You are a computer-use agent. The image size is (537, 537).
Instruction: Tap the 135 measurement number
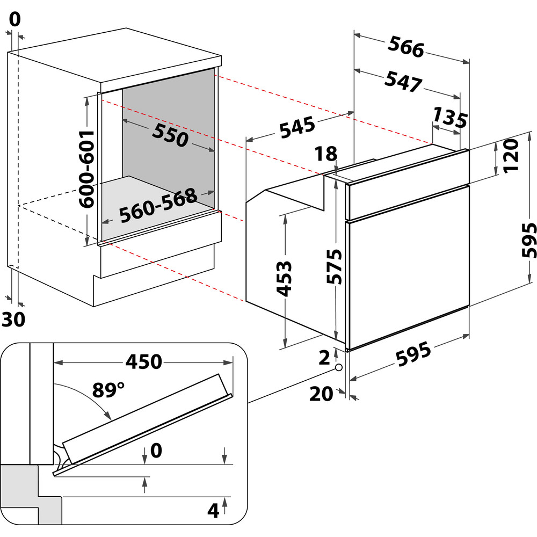point(450,118)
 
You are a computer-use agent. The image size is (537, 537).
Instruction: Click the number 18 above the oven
point(326,155)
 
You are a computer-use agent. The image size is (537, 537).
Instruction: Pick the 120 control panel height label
point(510,156)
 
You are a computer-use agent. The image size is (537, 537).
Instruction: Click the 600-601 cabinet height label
point(86,169)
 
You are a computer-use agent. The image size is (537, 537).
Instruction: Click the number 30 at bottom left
point(13,320)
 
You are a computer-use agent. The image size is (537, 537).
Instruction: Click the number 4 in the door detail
point(214,511)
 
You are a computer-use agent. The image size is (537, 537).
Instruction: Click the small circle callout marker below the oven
point(338,368)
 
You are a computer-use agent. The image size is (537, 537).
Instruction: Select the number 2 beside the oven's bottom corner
point(324,357)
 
